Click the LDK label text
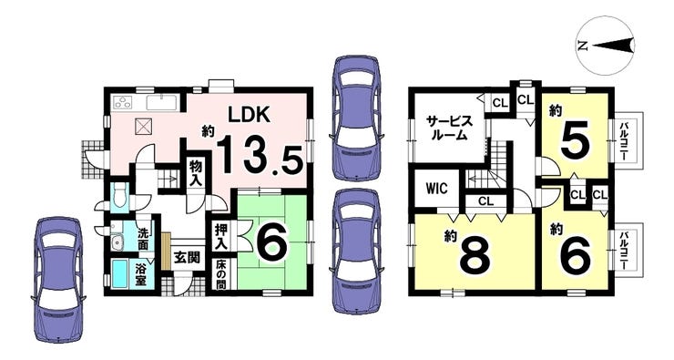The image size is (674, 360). [249, 116]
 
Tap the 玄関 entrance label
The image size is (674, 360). [188, 258]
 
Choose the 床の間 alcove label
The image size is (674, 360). [221, 274]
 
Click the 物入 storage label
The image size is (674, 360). [196, 173]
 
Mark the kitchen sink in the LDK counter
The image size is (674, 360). [161, 101]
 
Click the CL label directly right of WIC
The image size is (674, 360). [485, 201]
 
